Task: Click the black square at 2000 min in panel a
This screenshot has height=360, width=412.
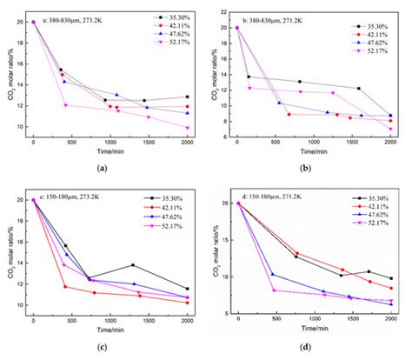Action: click(x=187, y=97)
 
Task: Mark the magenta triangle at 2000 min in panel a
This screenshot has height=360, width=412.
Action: click(x=187, y=128)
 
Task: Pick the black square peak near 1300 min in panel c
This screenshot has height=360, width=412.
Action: click(x=133, y=264)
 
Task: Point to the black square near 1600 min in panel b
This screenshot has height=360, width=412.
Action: click(x=359, y=88)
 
